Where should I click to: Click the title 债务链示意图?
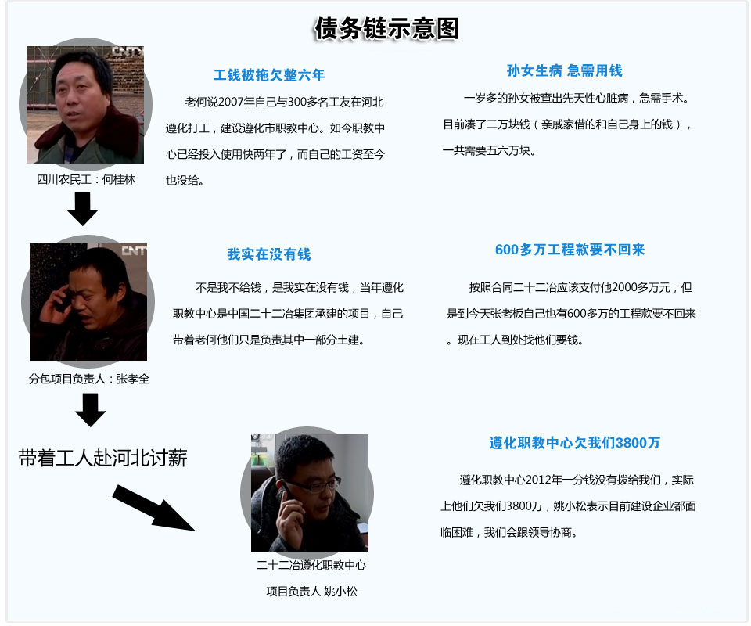coord(386,29)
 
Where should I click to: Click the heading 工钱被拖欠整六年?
coord(268,75)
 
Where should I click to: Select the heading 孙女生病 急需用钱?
coord(564,70)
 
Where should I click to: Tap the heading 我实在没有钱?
coord(268,254)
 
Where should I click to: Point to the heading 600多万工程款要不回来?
coord(570,250)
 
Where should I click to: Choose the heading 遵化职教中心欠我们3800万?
coord(574,443)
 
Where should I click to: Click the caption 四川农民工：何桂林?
coord(86,179)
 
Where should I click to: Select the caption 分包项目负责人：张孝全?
coord(88,379)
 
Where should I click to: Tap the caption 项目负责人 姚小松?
coord(311,592)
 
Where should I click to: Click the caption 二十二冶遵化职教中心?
coord(311,565)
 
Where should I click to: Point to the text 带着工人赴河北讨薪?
coord(102,459)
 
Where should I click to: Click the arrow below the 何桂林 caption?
coord(82,208)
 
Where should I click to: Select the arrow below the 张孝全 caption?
coord(91,409)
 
